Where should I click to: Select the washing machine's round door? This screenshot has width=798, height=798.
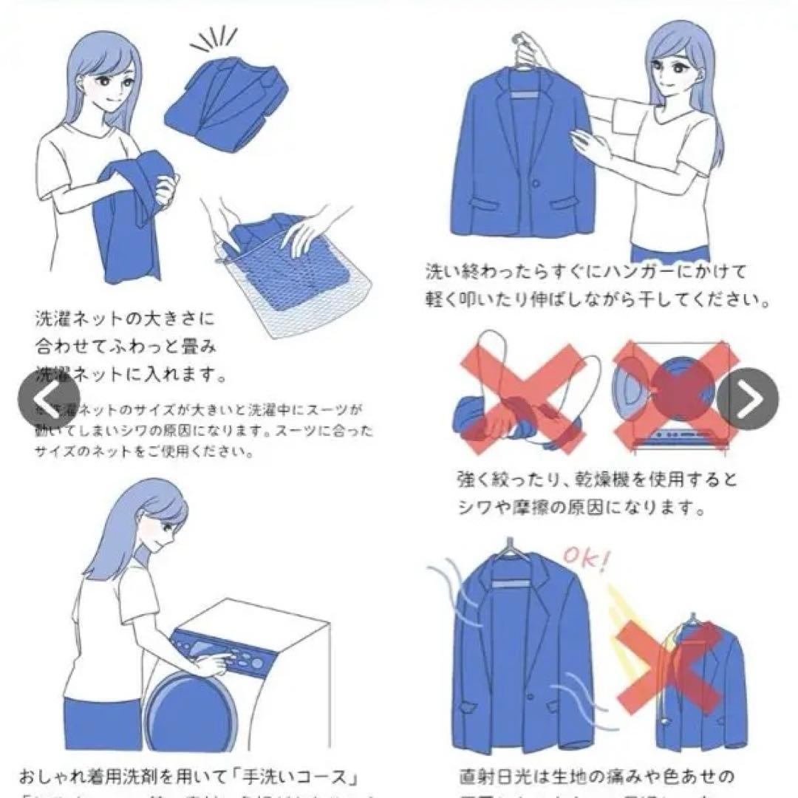(181, 713)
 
